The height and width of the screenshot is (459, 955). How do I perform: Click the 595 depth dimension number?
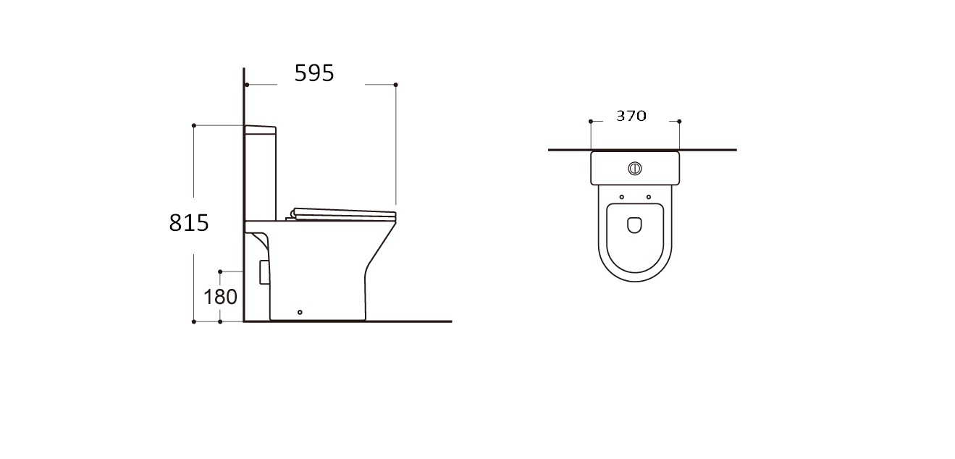pyautogui.click(x=314, y=73)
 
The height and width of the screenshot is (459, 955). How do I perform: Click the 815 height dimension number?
pyautogui.click(x=189, y=223)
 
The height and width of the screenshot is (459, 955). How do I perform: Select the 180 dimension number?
pyautogui.click(x=220, y=297)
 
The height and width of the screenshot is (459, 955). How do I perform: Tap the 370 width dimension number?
pyautogui.click(x=631, y=116)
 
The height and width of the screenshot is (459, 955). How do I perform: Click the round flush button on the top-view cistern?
pyautogui.click(x=635, y=169)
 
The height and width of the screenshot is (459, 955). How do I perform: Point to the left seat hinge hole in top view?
pyautogui.click(x=622, y=197)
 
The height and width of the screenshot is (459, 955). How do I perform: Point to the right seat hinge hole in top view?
pyautogui.click(x=649, y=197)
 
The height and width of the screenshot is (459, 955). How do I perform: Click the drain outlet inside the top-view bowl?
pyautogui.click(x=635, y=225)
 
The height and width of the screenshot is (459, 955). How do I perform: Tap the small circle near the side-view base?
pyautogui.click(x=300, y=312)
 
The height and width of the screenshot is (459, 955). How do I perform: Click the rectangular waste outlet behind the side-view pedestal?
pyautogui.click(x=264, y=272)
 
